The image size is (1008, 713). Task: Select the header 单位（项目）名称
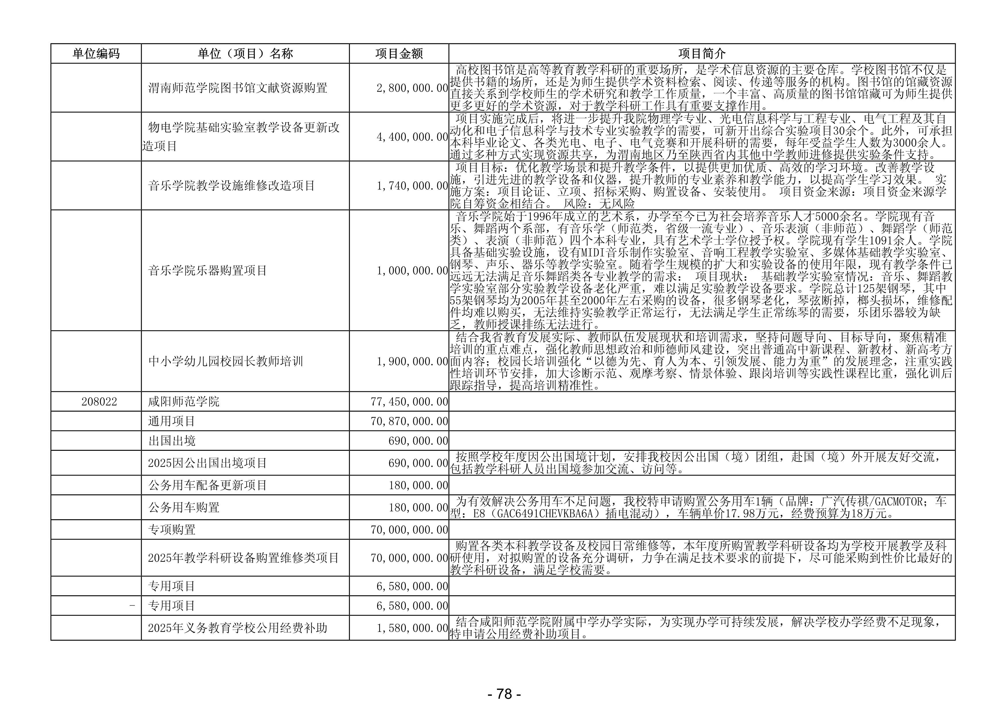(245, 53)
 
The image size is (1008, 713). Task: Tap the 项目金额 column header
(399, 53)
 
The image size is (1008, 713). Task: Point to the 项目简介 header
(702, 53)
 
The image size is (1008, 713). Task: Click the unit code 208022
(99, 402)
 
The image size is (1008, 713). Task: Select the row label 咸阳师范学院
(183, 402)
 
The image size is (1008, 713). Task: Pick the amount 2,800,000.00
(412, 88)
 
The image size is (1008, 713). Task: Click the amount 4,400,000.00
(412, 137)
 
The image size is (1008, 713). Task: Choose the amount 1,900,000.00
(412, 361)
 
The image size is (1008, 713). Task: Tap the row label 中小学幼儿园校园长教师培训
(226, 361)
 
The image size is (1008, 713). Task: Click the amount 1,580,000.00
(412, 628)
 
